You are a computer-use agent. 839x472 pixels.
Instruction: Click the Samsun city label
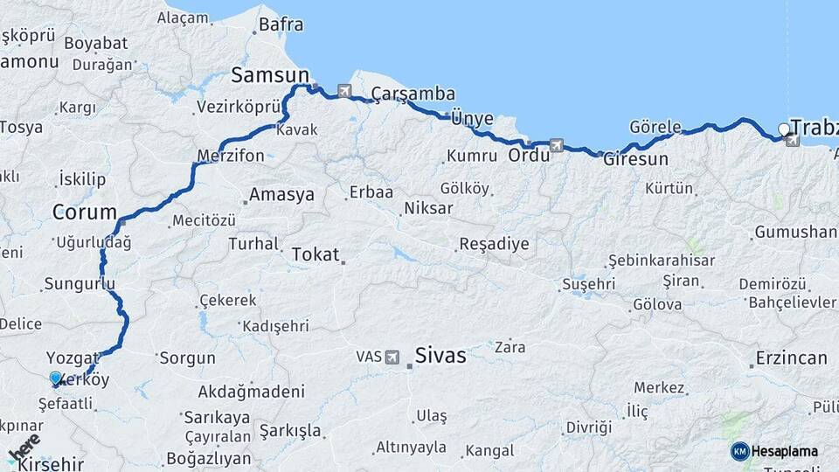(270, 74)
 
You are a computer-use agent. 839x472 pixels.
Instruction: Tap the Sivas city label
(440, 356)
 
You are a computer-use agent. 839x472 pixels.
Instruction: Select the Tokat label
(315, 254)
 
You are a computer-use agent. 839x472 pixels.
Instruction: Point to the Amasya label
(281, 195)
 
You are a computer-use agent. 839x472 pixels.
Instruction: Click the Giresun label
(635, 159)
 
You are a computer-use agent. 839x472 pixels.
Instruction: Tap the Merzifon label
(231, 156)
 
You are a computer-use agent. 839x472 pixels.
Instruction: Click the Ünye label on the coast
(473, 119)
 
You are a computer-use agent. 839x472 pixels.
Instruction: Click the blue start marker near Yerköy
(56, 378)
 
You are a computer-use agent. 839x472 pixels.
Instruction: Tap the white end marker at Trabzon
(784, 130)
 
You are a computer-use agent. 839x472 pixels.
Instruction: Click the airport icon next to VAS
(392, 357)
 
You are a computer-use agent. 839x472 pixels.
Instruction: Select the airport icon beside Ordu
(557, 145)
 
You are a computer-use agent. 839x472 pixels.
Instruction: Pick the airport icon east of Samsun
(343, 90)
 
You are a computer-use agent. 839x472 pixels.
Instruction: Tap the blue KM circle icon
(740, 451)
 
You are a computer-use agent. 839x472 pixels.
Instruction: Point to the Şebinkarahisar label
(662, 260)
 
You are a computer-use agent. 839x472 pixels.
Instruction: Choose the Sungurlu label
(80, 283)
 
